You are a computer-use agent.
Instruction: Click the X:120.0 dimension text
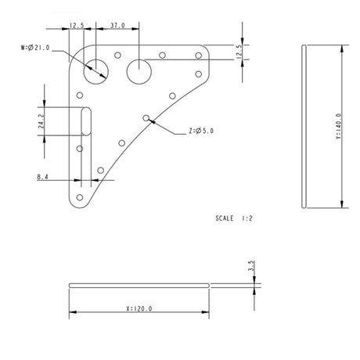(x=139, y=308)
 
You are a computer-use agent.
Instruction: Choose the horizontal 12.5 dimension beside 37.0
(x=77, y=26)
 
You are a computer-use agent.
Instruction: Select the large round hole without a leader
(x=139, y=70)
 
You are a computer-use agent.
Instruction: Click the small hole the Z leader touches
(x=146, y=117)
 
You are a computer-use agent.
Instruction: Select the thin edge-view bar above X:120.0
(x=139, y=283)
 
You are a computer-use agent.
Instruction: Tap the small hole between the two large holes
(x=117, y=56)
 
